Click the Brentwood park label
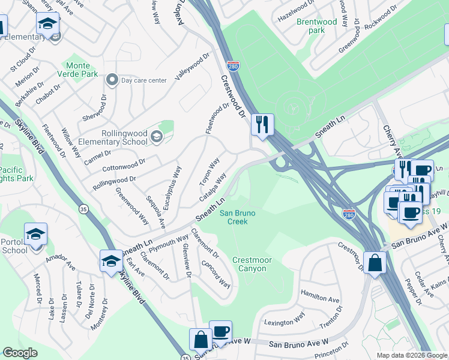316,26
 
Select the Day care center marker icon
112,80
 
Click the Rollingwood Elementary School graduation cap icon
156,137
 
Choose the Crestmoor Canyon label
249,264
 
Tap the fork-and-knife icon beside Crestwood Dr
262,125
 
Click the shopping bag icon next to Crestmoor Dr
375,263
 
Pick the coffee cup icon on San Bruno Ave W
220,331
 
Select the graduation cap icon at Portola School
35,235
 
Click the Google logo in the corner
20,353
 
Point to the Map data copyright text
412,355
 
